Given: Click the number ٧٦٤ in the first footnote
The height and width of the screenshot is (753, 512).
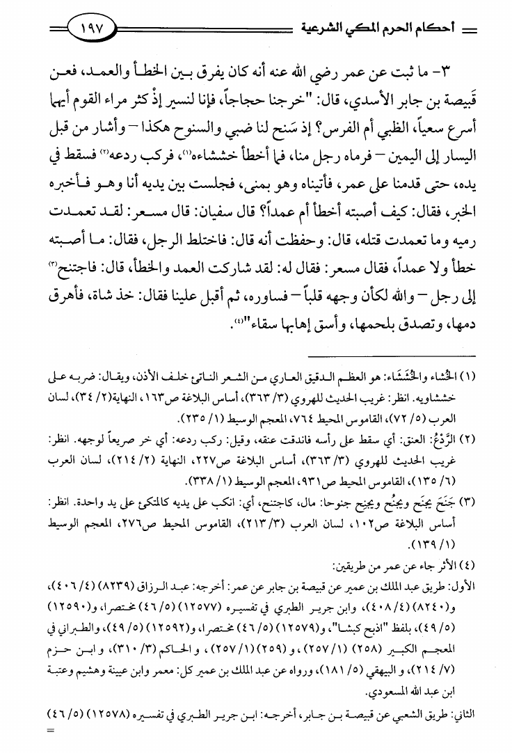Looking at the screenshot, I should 330,418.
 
